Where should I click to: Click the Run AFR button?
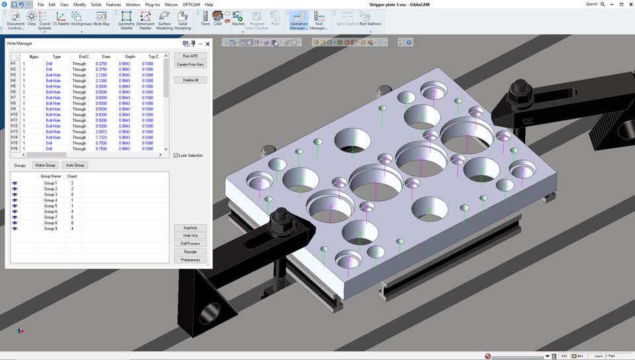point(190,56)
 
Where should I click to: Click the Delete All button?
point(190,80)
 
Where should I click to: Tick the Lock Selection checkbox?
point(176,156)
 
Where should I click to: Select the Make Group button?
point(46,165)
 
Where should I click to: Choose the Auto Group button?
point(75,165)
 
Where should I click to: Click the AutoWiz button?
point(190,228)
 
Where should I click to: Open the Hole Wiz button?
point(190,236)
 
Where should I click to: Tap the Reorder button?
point(190,252)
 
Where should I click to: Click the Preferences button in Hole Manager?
point(190,260)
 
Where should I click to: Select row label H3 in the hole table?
point(14,75)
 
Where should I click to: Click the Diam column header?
point(106,57)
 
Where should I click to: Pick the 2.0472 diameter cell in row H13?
point(101,132)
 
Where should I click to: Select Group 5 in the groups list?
point(50,206)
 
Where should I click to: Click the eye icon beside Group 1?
point(15,183)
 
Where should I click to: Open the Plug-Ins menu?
point(152,5)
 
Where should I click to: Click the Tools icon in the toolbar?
point(205,18)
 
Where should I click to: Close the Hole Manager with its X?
point(208,44)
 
